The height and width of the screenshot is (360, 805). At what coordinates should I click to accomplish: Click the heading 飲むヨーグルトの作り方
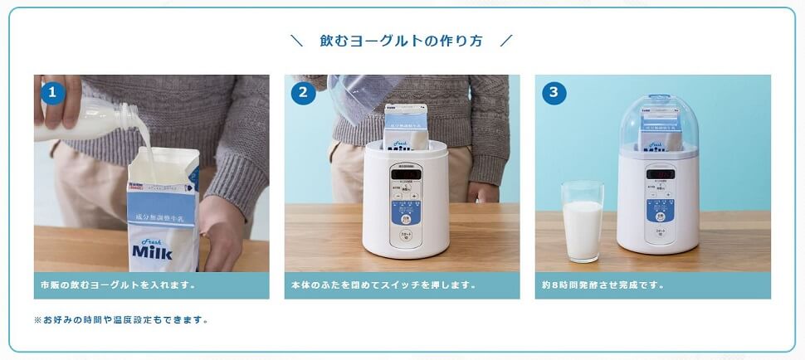pos(401,41)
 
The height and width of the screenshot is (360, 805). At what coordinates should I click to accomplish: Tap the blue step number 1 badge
pos(53,92)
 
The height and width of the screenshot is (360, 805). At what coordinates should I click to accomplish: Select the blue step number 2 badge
pos(303,92)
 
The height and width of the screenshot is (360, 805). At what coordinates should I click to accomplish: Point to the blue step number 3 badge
pos(554,92)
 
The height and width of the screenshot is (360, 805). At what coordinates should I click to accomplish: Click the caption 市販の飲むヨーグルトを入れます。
pos(118,285)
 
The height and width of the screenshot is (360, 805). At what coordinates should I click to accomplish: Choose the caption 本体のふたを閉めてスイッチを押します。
pos(384,285)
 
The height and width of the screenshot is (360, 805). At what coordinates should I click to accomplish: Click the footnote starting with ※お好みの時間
pos(121,319)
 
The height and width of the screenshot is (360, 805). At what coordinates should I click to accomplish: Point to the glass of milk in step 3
pos(582,221)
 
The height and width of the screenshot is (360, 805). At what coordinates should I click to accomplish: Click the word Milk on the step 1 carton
pos(152,251)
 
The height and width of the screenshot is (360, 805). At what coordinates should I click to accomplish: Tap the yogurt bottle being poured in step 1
pos(100,120)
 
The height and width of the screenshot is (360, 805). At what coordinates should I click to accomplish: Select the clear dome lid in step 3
pos(658,120)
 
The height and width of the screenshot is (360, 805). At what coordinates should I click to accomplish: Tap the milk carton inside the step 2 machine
pos(405,127)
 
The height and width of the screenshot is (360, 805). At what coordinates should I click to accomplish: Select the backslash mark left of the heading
pos(296,41)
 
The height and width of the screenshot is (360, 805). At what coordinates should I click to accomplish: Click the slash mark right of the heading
pos(507,41)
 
